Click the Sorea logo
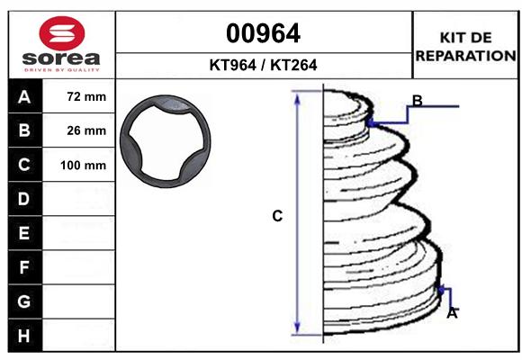(x=61, y=45)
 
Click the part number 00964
(x=263, y=34)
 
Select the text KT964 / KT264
(x=263, y=66)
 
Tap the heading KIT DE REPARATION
(x=464, y=46)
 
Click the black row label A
(x=24, y=97)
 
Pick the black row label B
(x=24, y=131)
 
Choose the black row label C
(x=24, y=166)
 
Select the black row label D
(x=24, y=199)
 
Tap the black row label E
(x=24, y=233)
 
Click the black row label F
(x=24, y=267)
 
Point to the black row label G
(x=24, y=301)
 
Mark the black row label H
(x=24, y=336)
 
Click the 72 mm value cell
(x=86, y=97)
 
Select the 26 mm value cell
(x=86, y=131)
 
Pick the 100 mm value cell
(x=83, y=166)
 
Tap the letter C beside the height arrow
(x=277, y=216)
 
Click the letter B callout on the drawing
(x=417, y=100)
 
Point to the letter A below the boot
(x=452, y=313)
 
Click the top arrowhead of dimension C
(x=298, y=96)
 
